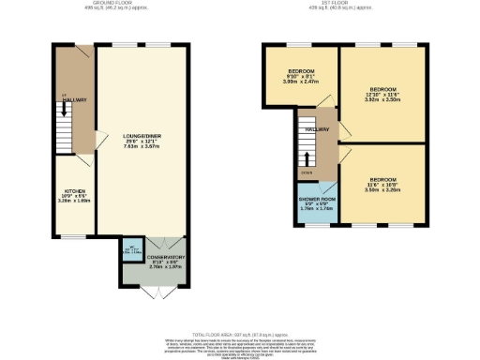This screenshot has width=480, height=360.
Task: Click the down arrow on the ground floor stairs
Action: pos(64,109)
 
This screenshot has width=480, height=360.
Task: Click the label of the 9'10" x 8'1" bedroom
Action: pos(301,72)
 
